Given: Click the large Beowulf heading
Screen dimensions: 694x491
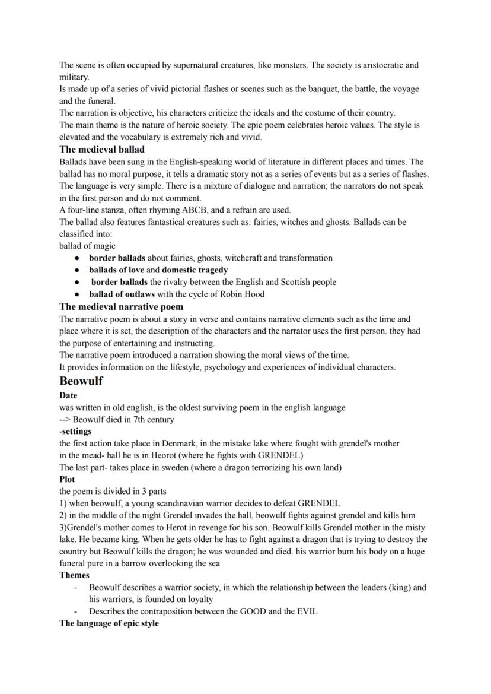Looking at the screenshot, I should pyautogui.click(x=81, y=381).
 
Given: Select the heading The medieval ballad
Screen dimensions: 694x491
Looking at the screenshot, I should pyautogui.click(x=101, y=150).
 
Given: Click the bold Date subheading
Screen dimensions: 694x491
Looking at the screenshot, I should pyautogui.click(x=68, y=395).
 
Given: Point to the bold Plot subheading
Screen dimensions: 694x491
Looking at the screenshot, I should pyautogui.click(x=67, y=479).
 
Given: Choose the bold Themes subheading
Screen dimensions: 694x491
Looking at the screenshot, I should pyautogui.click(x=74, y=575).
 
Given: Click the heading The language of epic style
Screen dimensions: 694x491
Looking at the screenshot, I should pyautogui.click(x=109, y=623).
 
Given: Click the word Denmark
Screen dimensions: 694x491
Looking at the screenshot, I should pyautogui.click(x=173, y=443).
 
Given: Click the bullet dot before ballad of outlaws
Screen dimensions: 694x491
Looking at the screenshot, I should pyautogui.click(x=77, y=294).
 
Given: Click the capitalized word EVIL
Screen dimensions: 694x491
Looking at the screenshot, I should pyautogui.click(x=305, y=611).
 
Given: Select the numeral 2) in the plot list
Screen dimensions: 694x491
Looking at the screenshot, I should pyautogui.click(x=63, y=515).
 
